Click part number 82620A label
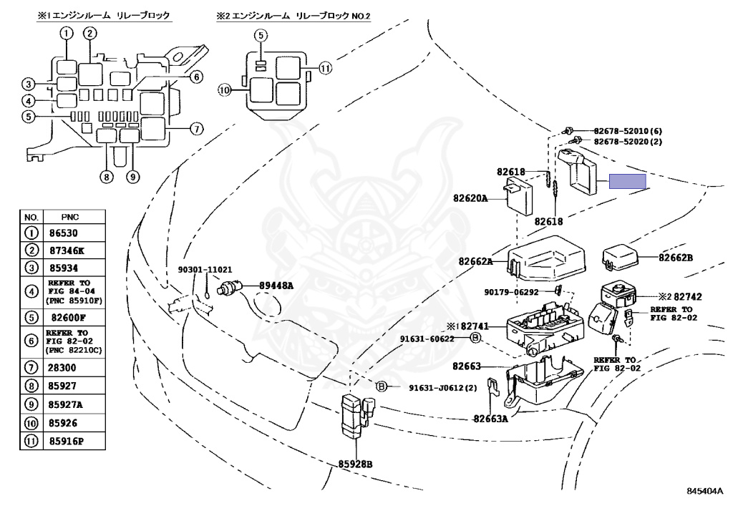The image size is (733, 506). click(x=470, y=198)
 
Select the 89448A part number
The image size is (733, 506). click(x=276, y=285)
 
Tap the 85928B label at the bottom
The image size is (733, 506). click(x=355, y=464)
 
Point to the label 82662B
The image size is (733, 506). click(x=676, y=258)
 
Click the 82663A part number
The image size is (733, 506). click(x=490, y=419)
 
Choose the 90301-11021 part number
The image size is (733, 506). click(x=205, y=270)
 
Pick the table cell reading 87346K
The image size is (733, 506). click(x=67, y=250)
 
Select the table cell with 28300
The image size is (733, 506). click(x=62, y=368)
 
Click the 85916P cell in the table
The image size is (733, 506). click(x=66, y=441)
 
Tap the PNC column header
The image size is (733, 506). click(x=70, y=217)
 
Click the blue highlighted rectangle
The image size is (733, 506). click(x=627, y=181)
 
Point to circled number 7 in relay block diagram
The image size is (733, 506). click(x=197, y=129)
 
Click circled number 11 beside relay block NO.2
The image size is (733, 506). click(x=326, y=68)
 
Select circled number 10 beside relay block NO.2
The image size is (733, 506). click(x=225, y=89)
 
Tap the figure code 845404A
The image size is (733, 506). click(x=705, y=490)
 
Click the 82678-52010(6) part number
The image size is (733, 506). click(x=628, y=131)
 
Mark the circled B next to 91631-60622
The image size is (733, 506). click(x=475, y=337)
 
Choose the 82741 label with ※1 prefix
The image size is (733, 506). click(x=467, y=326)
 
